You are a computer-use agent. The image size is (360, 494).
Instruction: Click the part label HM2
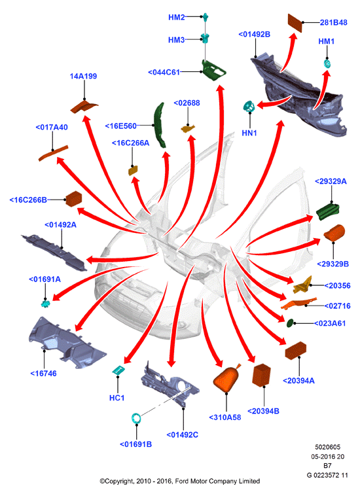coord(176,17)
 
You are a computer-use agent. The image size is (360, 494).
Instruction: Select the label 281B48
coord(334,22)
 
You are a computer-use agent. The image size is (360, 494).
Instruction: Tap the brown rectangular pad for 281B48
coord(295,23)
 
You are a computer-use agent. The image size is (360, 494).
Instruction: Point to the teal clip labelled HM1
coord(327,63)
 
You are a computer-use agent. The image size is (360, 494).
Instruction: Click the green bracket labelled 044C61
coord(213,71)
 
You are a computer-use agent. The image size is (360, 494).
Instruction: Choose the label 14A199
coord(83,76)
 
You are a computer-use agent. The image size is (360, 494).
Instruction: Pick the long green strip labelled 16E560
coord(160,125)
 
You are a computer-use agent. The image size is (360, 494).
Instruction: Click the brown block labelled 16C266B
coord(74,199)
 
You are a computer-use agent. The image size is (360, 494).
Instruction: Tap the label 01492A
coord(60,224)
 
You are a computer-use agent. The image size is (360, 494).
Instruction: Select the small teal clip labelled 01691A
coord(46,304)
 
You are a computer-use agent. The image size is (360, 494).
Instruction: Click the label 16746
coord(43,374)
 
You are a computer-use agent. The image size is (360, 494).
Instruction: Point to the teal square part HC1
coord(118,370)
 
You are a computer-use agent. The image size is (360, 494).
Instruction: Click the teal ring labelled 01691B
coord(136,418)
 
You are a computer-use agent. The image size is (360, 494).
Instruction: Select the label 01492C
coord(182,434)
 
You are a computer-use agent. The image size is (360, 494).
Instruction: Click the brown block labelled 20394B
coord(261,375)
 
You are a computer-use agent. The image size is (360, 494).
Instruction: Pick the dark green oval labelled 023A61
coord(290,323)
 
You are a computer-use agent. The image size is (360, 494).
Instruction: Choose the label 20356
coord(337,285)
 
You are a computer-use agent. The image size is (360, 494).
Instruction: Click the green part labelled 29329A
coord(328,211)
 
